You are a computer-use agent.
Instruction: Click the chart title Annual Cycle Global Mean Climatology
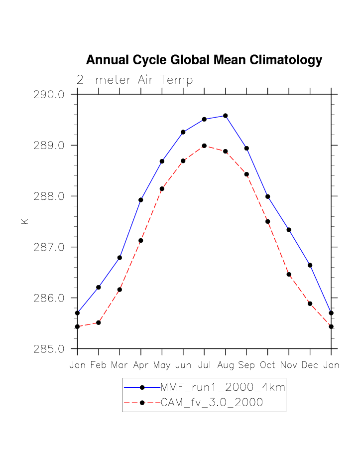pyautogui.click(x=204, y=60)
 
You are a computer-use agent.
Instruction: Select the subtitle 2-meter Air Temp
pyautogui.click(x=134, y=80)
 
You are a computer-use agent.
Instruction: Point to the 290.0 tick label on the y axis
pyautogui.click(x=49, y=94)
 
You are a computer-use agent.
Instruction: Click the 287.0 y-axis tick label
pyautogui.click(x=49, y=247)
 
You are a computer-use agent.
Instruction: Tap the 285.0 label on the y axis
pyautogui.click(x=49, y=349)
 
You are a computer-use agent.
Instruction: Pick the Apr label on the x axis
pyautogui.click(x=141, y=365)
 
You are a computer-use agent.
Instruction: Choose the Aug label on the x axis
pyautogui.click(x=226, y=365)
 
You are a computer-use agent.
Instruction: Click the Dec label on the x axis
pyautogui.click(x=310, y=365)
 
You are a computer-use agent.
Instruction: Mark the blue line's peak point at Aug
pyautogui.click(x=226, y=116)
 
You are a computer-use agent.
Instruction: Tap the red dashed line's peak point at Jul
pyautogui.click(x=204, y=146)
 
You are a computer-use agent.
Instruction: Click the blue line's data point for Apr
pyautogui.click(x=141, y=200)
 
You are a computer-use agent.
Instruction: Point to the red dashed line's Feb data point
pyautogui.click(x=99, y=322)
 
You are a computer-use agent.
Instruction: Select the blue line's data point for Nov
pyautogui.click(x=289, y=230)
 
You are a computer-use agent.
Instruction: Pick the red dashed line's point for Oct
pyautogui.click(x=267, y=221)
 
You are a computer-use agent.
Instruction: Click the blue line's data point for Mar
pyautogui.click(x=120, y=258)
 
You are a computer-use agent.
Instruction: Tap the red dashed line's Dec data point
pyautogui.click(x=310, y=304)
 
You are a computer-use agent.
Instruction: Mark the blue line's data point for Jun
pyautogui.click(x=183, y=132)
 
